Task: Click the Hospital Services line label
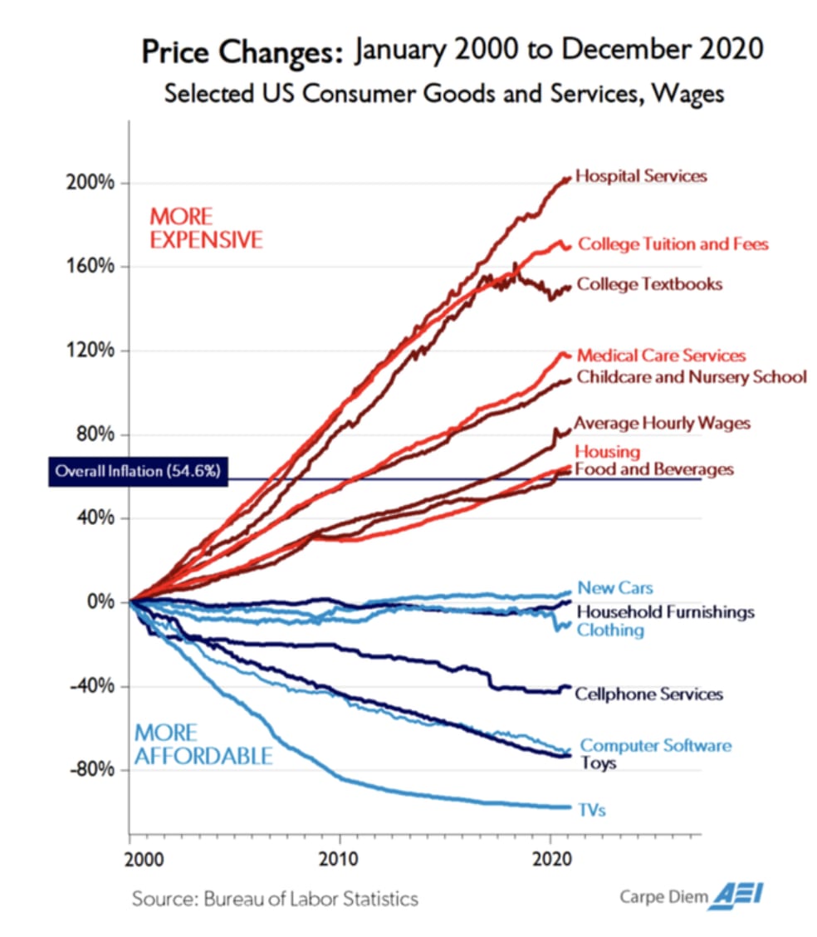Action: [641, 176]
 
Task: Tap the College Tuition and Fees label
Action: [673, 244]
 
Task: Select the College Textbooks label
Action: [649, 284]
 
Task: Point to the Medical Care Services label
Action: [661, 356]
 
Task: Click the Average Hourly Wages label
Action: [662, 424]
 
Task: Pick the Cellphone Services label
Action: [648, 694]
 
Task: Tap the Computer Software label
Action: [656, 745]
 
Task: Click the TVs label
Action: [592, 809]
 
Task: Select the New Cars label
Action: [615, 588]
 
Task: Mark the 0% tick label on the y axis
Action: [102, 601]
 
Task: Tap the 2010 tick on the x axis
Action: [339, 857]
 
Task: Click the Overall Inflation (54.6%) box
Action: [136, 471]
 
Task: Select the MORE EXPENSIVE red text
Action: [205, 228]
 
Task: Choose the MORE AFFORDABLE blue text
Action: [203, 744]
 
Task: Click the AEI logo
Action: [740, 895]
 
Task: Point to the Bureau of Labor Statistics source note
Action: [274, 898]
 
